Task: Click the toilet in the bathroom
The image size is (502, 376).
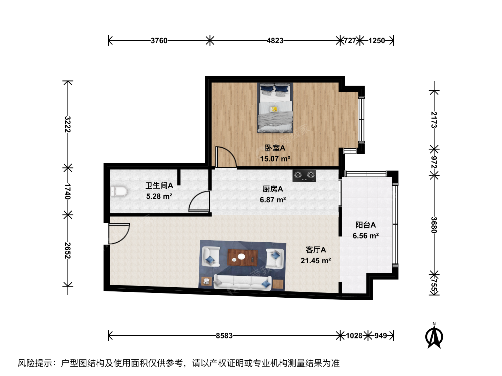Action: (119, 191)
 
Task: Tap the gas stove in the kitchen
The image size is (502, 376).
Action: (304, 175)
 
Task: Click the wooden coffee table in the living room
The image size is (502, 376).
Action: (243, 258)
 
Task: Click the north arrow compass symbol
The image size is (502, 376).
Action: (434, 337)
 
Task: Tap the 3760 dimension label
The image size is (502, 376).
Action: (159, 41)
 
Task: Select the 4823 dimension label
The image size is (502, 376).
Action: (275, 41)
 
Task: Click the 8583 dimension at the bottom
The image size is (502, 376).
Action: (224, 336)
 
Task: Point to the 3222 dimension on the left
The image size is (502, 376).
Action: (68, 124)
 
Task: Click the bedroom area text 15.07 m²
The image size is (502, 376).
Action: (275, 159)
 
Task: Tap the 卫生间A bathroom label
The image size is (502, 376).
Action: (159, 186)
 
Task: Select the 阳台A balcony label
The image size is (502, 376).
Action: (365, 225)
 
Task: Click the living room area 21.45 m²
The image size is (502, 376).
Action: (315, 260)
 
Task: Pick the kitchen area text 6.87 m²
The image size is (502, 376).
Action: (273, 200)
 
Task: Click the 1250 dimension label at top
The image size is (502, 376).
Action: (376, 41)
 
